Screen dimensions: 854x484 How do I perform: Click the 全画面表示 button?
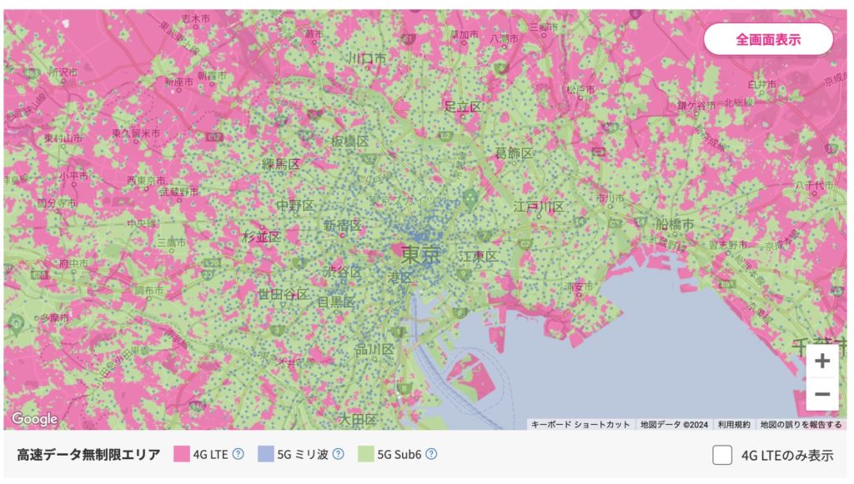(768, 39)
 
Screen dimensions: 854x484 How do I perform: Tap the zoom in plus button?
(822, 362)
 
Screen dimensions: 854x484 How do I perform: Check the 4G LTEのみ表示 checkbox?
(722, 455)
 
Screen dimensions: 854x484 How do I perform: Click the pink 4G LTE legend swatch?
(182, 454)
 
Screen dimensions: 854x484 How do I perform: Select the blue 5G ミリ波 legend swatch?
(266, 454)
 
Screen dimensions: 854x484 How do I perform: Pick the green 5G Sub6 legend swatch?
(365, 454)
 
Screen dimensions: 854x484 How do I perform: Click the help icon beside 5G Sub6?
(431, 454)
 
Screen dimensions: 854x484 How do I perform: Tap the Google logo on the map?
(34, 418)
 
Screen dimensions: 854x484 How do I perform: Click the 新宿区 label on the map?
(342, 226)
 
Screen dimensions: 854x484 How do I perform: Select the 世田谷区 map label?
(283, 295)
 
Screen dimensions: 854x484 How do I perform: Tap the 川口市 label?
(367, 59)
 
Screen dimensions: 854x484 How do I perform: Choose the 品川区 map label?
(374, 350)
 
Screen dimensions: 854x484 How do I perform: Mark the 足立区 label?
(463, 107)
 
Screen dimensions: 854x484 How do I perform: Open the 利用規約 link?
(735, 424)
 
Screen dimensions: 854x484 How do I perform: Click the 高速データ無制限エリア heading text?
(88, 454)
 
